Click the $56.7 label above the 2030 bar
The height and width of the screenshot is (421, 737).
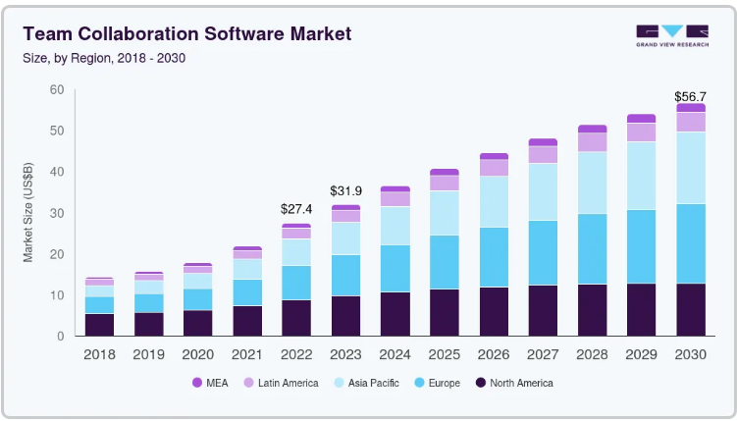point(690,96)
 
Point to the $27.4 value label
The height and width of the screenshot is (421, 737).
point(296,209)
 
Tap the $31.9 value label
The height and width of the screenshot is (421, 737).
point(346,190)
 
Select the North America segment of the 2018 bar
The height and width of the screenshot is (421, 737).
point(100,325)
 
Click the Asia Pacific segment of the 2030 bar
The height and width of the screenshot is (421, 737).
point(691,168)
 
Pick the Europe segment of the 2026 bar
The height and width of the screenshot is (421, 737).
point(494,257)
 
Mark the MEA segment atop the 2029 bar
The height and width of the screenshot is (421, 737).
point(642,119)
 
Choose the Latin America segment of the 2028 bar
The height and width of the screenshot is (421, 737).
point(592,142)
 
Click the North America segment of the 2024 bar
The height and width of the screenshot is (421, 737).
point(395,314)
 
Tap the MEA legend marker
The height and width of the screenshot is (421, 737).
point(197,383)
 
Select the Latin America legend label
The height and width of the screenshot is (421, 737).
point(289,383)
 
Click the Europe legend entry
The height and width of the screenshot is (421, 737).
point(438,383)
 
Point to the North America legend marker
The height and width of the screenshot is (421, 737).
point(480,383)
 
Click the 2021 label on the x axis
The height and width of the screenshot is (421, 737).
point(247,354)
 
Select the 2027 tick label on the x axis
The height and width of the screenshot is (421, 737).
point(543,354)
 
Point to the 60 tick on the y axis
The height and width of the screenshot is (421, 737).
point(57,89)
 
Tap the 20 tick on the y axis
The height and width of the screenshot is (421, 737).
point(57,254)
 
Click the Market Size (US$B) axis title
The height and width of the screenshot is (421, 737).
point(28,212)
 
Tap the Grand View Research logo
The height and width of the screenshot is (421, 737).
point(672,35)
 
